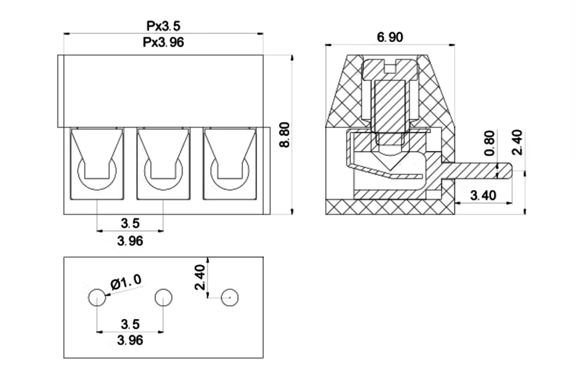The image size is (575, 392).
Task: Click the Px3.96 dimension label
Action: (163, 42)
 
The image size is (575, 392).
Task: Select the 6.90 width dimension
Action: (390, 37)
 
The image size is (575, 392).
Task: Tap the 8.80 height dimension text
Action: (284, 134)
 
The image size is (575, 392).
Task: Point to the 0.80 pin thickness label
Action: (489, 143)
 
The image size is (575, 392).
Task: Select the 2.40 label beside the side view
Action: (517, 142)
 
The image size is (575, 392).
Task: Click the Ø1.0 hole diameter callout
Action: (126, 283)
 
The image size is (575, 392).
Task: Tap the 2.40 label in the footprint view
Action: (200, 277)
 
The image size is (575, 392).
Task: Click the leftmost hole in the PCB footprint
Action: (97, 298)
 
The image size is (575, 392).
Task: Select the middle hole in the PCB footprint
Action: (163, 298)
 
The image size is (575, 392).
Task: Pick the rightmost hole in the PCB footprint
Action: (230, 298)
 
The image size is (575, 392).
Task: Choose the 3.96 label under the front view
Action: (130, 241)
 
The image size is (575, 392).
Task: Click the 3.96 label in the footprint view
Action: (130, 341)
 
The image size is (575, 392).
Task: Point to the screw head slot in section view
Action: (391, 65)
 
